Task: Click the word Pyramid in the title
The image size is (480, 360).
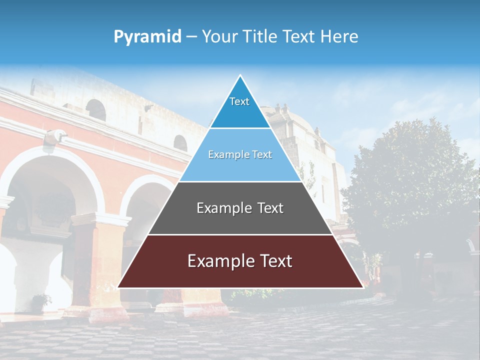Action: click(147, 37)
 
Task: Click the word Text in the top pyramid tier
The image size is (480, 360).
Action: click(239, 101)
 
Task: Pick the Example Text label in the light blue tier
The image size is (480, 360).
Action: click(240, 155)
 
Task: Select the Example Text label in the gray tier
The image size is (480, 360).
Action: click(240, 208)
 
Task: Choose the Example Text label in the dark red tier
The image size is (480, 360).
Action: click(240, 261)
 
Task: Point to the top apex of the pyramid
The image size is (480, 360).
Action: click(240, 76)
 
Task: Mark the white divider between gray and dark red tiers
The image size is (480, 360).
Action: click(240, 234)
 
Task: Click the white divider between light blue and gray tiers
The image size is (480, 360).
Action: click(240, 181)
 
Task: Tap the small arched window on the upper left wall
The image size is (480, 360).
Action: click(95, 109)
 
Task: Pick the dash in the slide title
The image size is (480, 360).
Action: click(191, 37)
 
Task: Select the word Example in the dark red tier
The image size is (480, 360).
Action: click(218, 261)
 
